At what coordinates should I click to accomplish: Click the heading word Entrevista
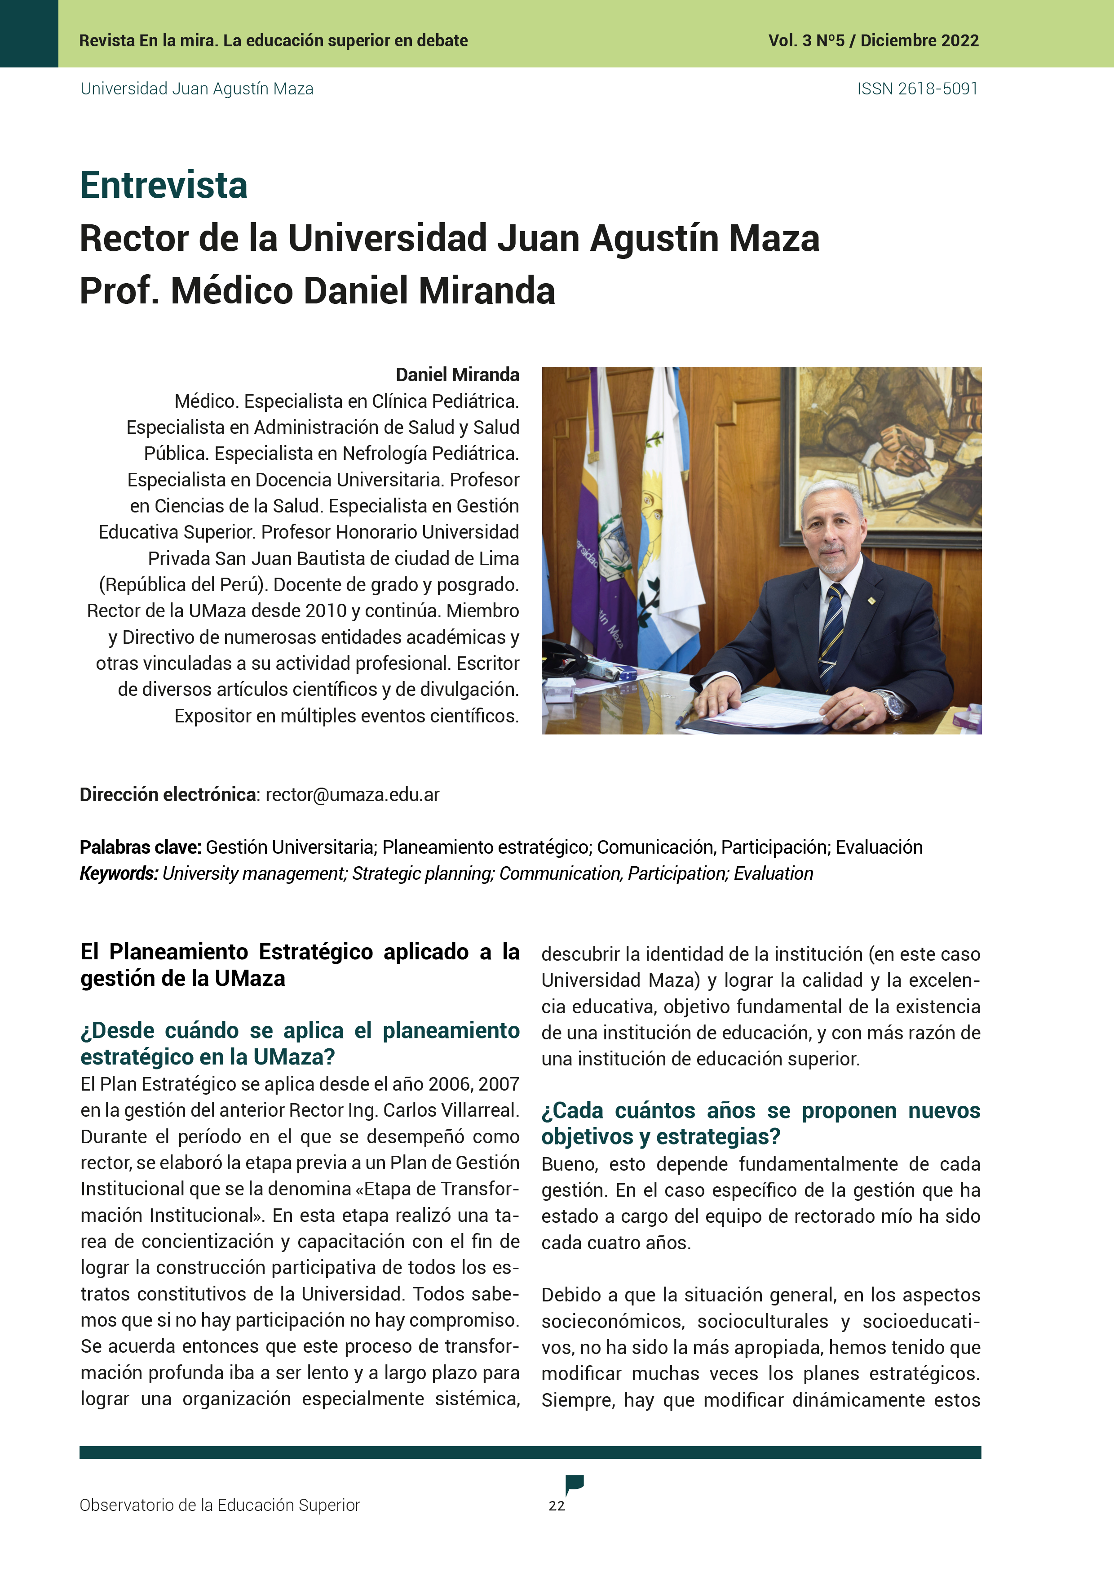coord(164,186)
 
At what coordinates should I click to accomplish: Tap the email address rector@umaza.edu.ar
coord(352,795)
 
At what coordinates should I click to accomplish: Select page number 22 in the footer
coord(557,1506)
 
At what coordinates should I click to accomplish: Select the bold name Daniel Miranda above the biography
coord(457,375)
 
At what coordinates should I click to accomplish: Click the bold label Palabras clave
coord(140,847)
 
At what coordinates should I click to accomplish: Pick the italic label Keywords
coord(119,873)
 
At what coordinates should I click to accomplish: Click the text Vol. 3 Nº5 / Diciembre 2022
coord(873,40)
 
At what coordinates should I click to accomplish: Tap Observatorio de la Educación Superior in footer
coord(220,1505)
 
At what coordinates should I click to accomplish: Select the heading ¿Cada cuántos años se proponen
coord(760,1111)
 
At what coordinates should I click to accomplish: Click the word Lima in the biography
coord(498,558)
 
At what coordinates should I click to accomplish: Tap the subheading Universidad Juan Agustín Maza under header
coord(197,89)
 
